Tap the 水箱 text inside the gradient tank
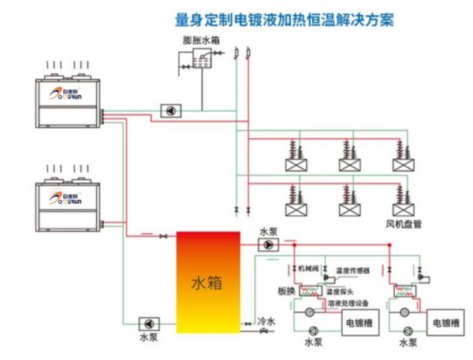207,281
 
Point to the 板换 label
285,291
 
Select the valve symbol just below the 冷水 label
264,332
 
